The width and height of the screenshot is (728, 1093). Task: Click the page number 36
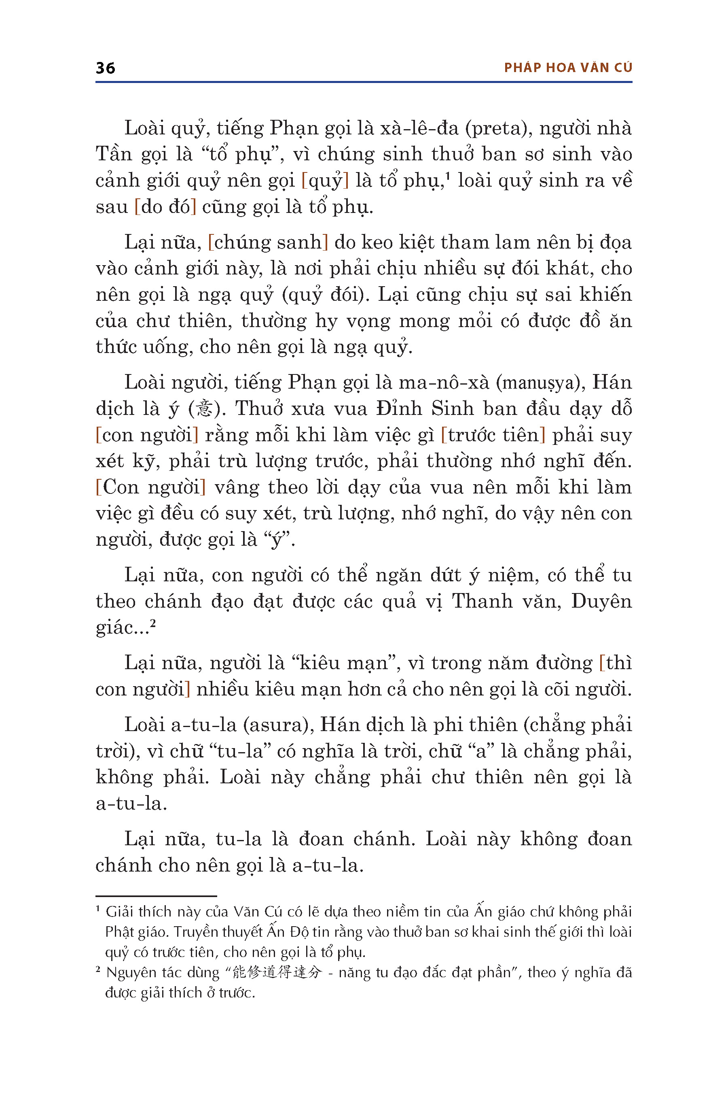point(106,68)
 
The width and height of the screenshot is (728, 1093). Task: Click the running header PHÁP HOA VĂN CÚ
point(568,68)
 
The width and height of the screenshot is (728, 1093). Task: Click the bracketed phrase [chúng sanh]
point(268,242)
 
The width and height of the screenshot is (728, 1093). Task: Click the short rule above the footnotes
point(156,896)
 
